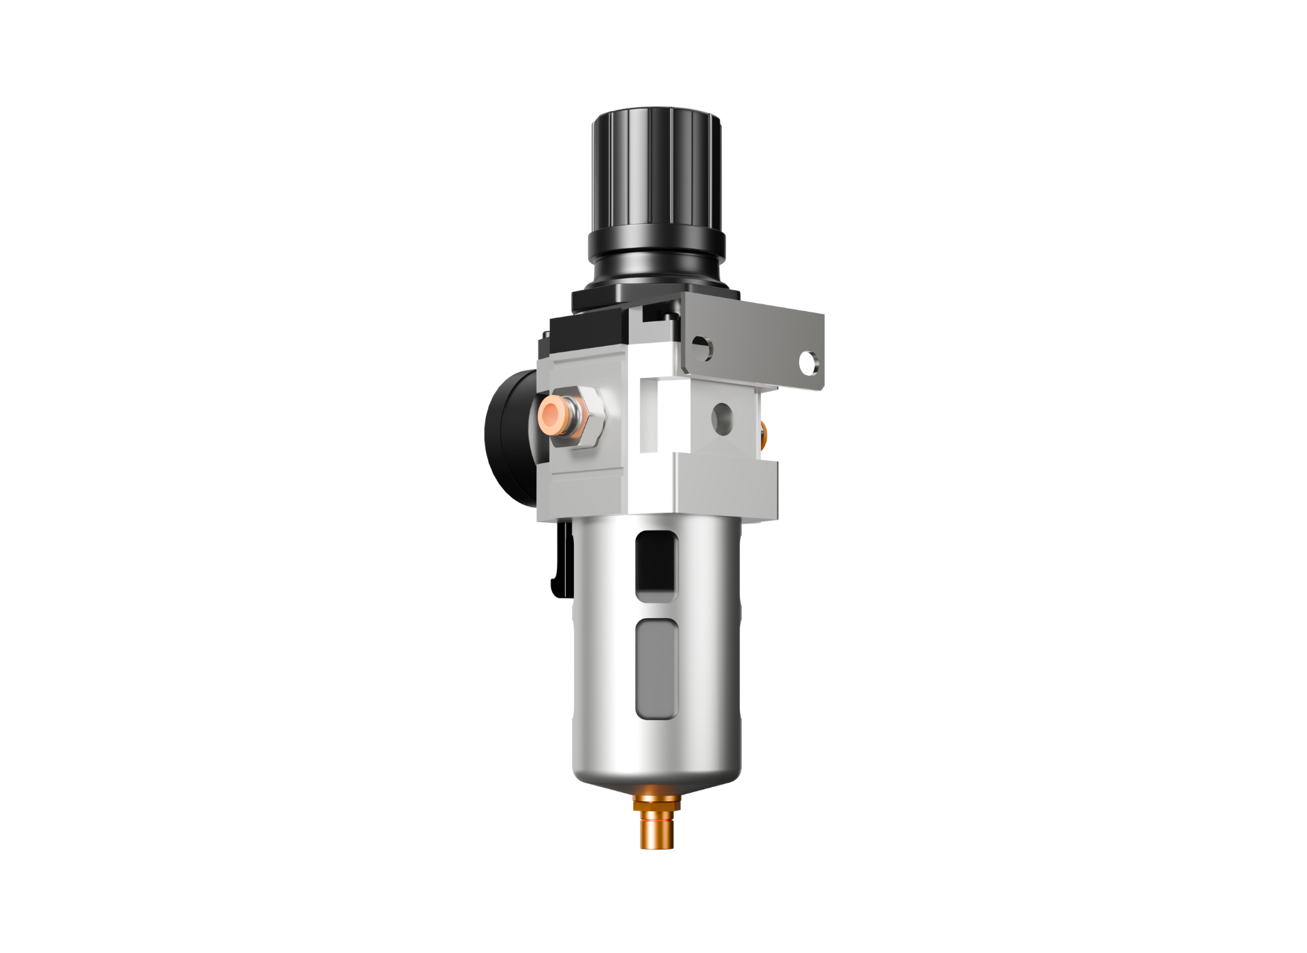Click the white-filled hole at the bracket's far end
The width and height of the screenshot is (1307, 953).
coord(808,363)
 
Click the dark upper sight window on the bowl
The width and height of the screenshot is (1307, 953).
coord(656,562)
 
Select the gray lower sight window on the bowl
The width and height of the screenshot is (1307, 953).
coord(656,669)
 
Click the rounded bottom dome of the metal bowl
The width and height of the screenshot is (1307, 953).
coord(656,769)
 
